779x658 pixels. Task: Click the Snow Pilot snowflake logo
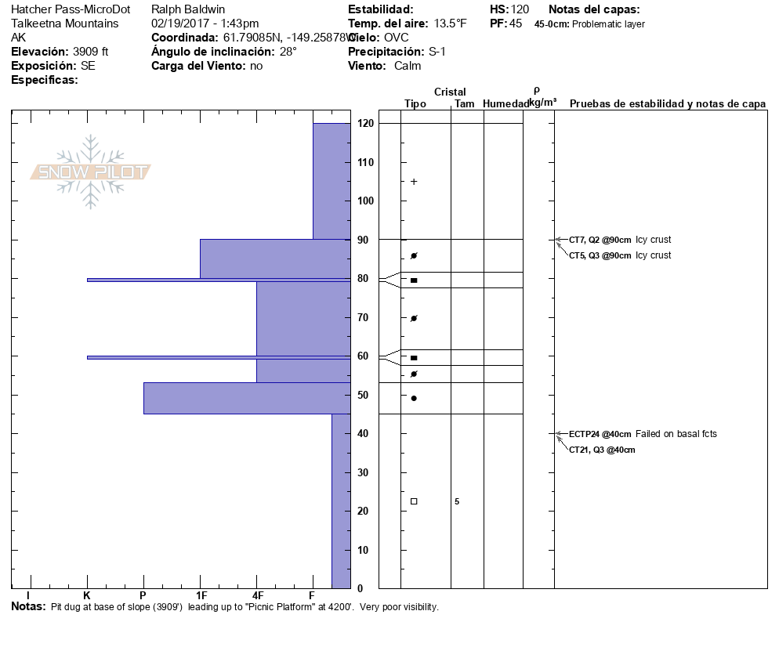[91, 172]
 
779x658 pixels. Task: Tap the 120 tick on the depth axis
[364, 124]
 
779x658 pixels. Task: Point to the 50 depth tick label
[364, 395]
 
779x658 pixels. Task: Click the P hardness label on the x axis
[143, 595]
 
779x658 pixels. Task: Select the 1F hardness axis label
[201, 595]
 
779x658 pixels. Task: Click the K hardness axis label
[87, 595]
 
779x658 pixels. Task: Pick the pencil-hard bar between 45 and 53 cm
[246, 398]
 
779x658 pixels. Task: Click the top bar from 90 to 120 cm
[331, 181]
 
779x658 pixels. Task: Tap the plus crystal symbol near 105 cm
[414, 182]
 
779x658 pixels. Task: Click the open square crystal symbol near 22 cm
[414, 501]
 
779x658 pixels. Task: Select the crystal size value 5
[457, 501]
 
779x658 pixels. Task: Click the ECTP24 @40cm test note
[600, 434]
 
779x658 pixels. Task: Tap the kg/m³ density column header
[542, 103]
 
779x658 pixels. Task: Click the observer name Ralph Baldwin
[188, 9]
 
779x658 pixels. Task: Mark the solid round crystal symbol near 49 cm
[414, 398]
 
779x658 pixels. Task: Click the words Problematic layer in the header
[608, 24]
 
